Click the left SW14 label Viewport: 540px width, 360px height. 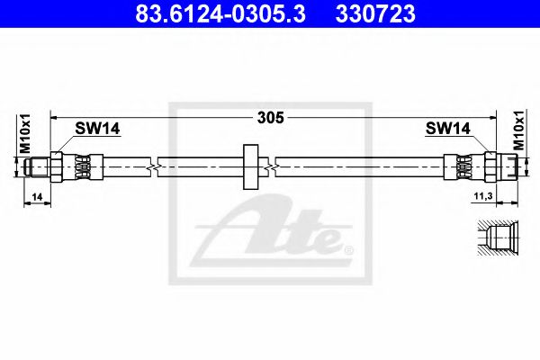pos(97,130)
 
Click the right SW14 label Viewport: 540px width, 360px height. pos(447,130)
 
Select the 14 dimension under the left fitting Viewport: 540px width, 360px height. pos(35,195)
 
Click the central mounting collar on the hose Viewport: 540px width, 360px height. pos(249,166)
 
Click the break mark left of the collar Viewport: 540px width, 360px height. pos(155,166)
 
